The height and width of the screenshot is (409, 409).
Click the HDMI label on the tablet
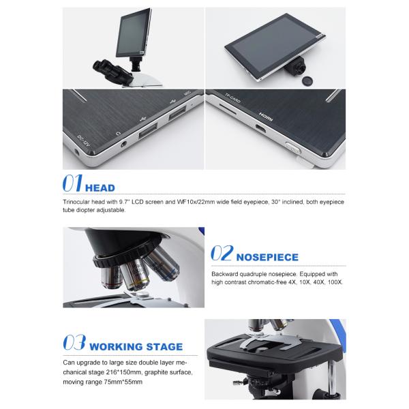[266, 117]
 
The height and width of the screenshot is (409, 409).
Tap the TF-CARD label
[232, 97]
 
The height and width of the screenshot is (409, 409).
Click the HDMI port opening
[260, 129]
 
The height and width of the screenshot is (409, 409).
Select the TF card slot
[228, 109]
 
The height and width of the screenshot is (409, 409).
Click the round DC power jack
[77, 152]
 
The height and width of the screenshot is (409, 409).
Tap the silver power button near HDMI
[293, 148]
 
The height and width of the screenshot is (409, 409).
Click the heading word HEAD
[100, 188]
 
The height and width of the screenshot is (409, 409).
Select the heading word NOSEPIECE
[267, 257]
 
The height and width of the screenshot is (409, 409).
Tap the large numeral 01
[72, 183]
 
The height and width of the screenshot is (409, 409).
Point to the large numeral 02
[222, 253]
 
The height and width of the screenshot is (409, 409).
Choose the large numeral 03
[74, 342]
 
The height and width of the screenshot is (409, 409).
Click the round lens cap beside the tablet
[307, 80]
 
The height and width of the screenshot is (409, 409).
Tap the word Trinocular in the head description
[76, 202]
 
